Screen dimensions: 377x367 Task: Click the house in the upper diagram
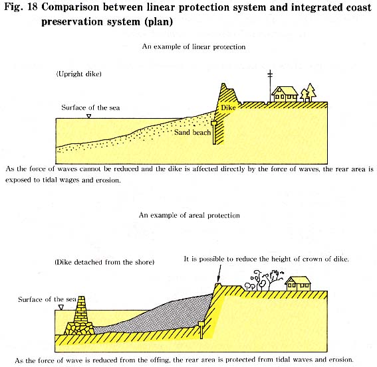285,94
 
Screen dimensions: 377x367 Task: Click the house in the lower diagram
298,283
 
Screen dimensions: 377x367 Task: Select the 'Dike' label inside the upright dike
228,108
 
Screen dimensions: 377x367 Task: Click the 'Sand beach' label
192,132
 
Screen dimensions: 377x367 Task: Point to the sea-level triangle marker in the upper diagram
88,116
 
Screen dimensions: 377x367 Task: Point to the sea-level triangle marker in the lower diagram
61,307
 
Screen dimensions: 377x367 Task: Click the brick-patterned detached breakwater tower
81,309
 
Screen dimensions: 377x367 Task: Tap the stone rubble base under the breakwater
79,329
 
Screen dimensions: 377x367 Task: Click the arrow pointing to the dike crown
219,273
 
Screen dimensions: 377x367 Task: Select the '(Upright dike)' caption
79,74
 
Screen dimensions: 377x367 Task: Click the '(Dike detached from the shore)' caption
104,262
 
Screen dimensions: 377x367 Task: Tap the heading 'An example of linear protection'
193,46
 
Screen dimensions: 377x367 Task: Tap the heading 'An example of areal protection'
189,215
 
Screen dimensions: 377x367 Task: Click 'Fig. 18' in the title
21,8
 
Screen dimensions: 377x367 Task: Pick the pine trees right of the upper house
308,92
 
